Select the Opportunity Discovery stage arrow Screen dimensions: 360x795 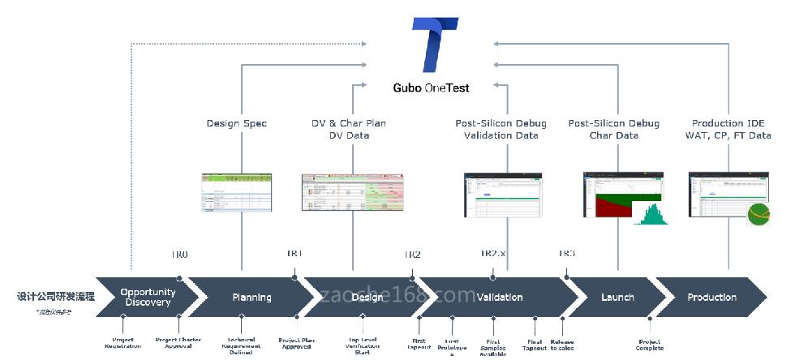(x=147, y=298)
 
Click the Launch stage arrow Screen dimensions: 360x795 (x=617, y=298)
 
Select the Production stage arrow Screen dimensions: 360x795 (x=711, y=298)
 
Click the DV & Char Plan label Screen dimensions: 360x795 (x=349, y=124)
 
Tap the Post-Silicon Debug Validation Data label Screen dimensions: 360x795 (x=501, y=130)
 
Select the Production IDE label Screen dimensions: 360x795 (x=728, y=124)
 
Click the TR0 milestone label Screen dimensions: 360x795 (x=179, y=255)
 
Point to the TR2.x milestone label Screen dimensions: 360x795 (x=492, y=255)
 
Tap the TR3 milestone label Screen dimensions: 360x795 (x=566, y=255)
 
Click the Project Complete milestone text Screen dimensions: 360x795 (x=649, y=345)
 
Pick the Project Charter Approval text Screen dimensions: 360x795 (x=178, y=343)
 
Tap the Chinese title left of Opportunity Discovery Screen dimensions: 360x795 (x=56, y=297)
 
